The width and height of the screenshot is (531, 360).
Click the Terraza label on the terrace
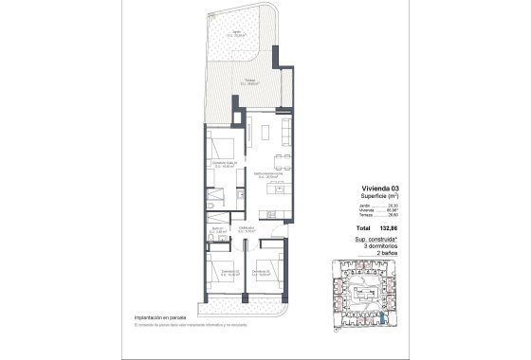(x=249, y=82)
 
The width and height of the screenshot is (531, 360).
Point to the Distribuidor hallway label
(x=248, y=230)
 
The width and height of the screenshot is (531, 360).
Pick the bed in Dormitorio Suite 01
(x=225, y=150)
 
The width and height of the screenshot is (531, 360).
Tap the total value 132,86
(x=385, y=229)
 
